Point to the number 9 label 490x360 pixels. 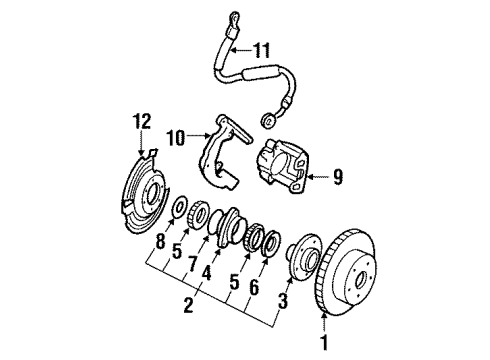pyautogui.click(x=337, y=179)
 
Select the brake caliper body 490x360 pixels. pyautogui.click(x=285, y=165)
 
